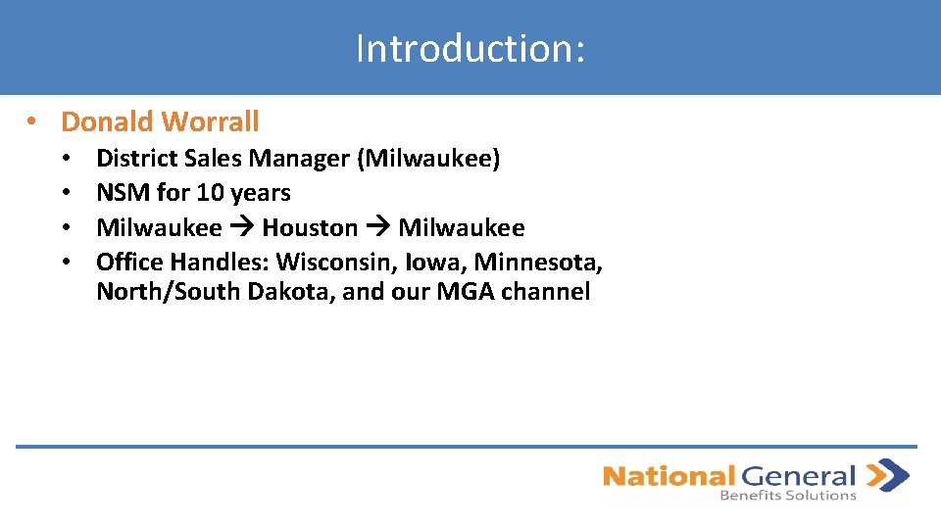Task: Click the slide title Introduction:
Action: click(x=470, y=48)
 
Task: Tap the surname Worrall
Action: click(x=211, y=122)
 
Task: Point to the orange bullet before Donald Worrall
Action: click(x=32, y=122)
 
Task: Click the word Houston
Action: click(x=310, y=228)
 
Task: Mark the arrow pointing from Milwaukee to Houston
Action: click(x=241, y=228)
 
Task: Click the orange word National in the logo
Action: click(x=668, y=477)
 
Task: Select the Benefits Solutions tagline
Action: click(x=788, y=496)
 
